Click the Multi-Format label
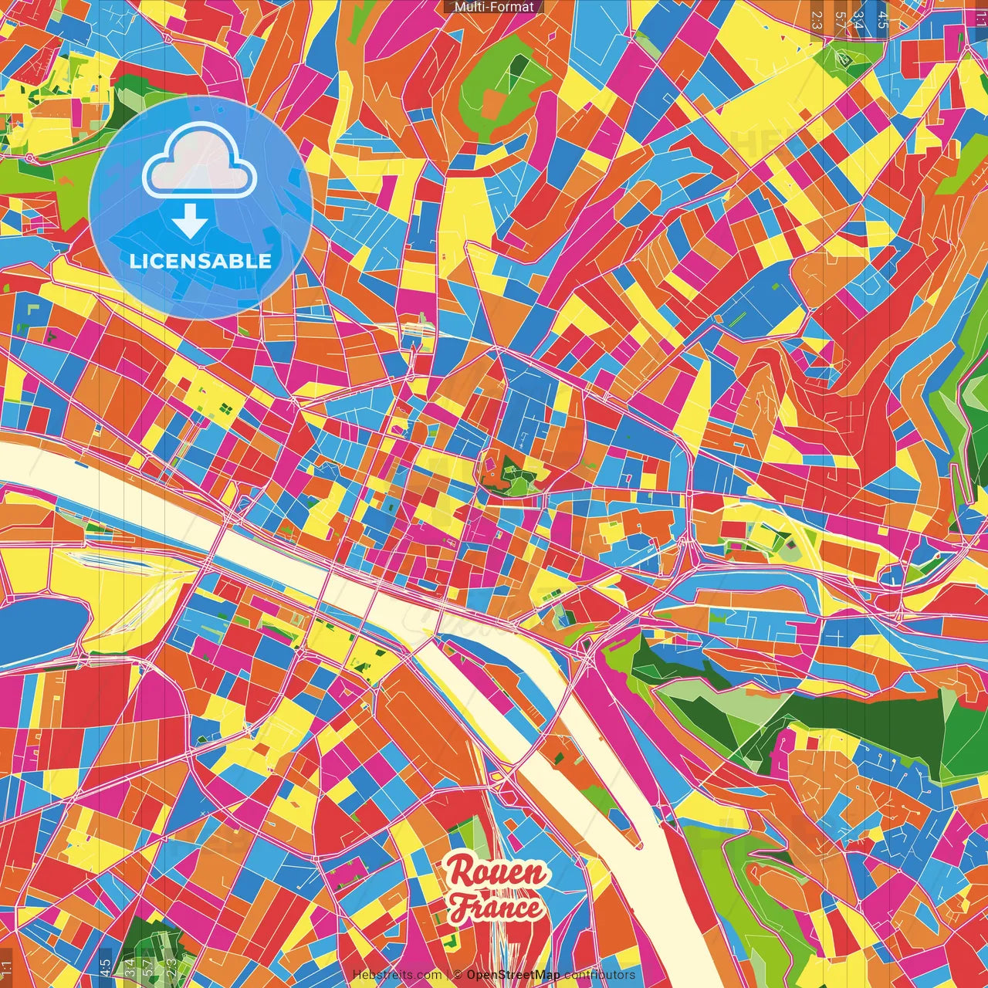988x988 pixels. coord(494,7)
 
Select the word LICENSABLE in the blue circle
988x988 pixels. coord(201,261)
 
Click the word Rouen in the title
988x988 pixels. coord(497,872)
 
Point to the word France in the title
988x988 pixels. coord(496,908)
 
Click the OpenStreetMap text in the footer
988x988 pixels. coord(513,975)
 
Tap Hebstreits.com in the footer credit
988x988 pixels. coord(397,975)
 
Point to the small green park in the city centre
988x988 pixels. coord(509,475)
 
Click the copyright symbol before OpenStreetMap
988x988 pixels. coord(458,975)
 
